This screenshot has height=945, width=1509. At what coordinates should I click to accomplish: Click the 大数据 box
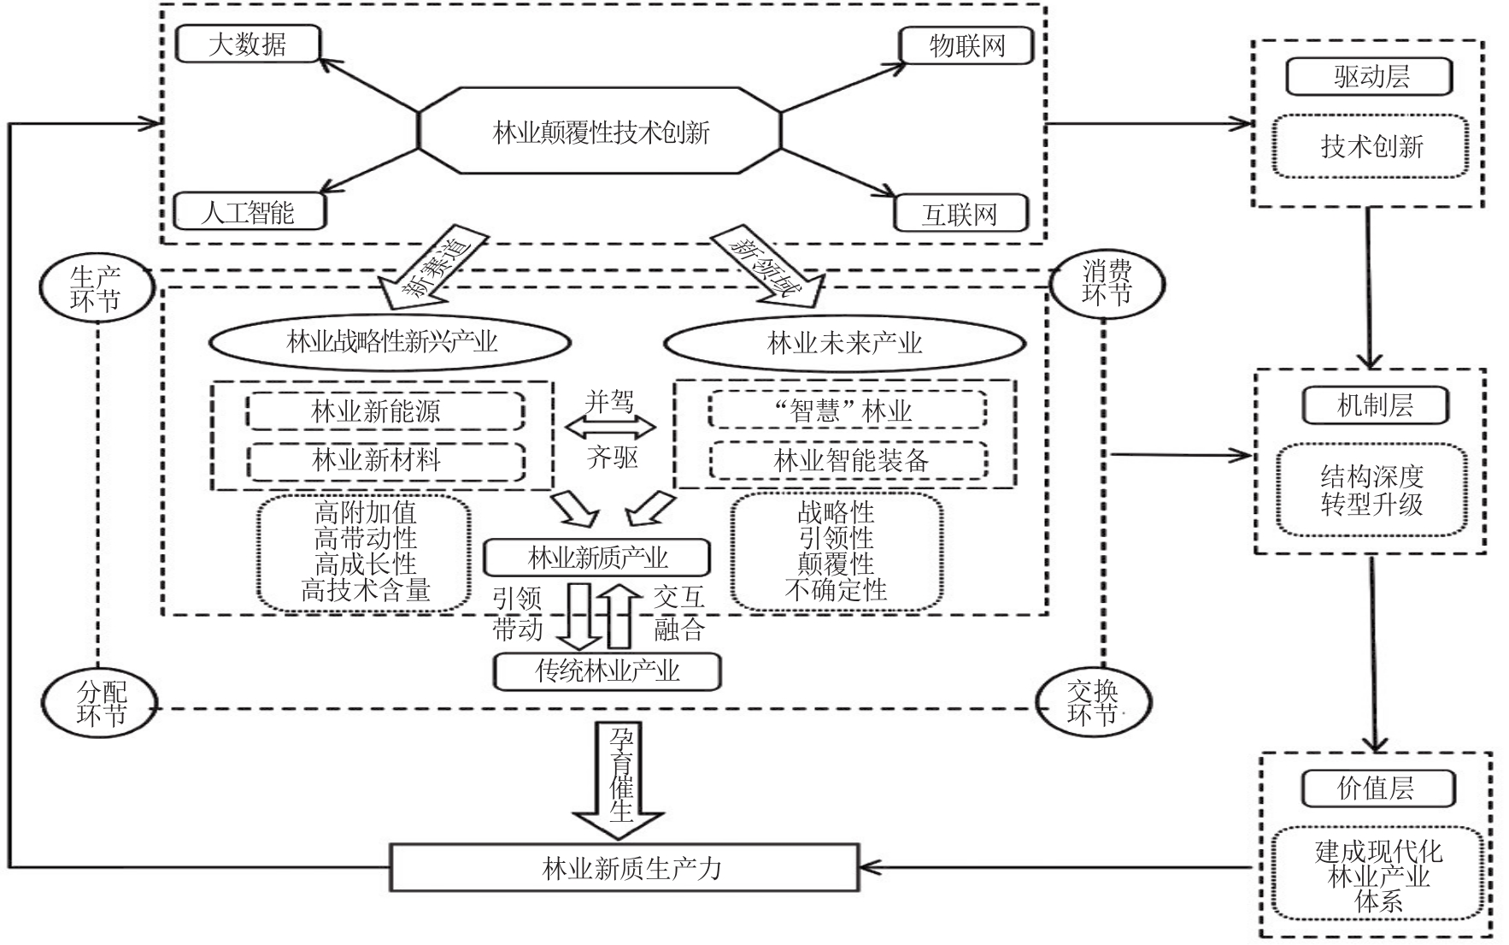248,44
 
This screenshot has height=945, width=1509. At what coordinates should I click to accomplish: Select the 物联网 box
966,45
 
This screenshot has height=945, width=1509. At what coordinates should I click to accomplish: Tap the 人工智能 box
248,211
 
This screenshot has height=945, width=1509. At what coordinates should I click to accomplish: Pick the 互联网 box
960,214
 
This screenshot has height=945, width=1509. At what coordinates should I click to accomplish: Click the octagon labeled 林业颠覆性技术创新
600,131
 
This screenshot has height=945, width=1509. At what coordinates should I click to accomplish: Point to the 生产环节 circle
95,289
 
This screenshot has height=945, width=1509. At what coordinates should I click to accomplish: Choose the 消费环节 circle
1107,284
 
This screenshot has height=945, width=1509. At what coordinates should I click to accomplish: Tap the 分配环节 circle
101,703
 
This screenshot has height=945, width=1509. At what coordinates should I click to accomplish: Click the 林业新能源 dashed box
385,411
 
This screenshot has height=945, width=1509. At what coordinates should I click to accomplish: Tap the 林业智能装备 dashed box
849,461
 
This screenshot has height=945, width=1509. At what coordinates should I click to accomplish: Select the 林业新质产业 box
596,558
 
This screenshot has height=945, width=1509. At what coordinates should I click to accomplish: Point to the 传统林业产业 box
607,671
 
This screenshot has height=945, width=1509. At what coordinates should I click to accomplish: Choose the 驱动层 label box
1369,78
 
